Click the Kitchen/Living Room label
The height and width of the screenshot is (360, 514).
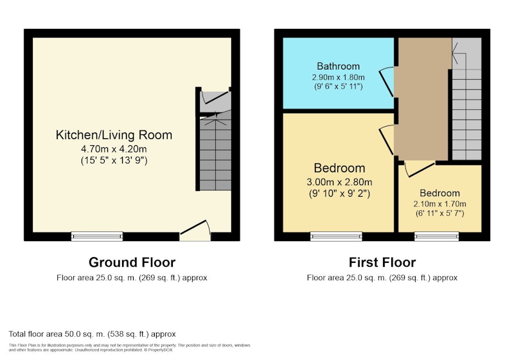(114, 135)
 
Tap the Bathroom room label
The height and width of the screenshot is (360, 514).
(339, 66)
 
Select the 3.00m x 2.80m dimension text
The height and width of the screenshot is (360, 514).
(339, 182)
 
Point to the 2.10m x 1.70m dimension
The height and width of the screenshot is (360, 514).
(439, 204)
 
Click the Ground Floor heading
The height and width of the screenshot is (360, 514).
(132, 262)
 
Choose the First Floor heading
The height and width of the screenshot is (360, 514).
(382, 262)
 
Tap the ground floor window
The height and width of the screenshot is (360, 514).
(97, 237)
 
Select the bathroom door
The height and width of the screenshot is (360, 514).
(387, 82)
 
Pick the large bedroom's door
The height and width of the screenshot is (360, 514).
(387, 139)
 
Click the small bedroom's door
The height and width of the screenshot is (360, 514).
(420, 169)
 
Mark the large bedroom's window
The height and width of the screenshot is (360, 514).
(336, 237)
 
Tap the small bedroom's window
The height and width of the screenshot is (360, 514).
(437, 237)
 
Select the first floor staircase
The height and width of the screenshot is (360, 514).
(467, 98)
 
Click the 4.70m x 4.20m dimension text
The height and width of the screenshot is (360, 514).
(114, 149)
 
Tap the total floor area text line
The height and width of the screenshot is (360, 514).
(92, 334)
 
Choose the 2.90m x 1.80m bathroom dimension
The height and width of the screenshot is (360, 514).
(339, 77)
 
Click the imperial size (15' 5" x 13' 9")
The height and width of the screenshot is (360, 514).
(114, 160)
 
